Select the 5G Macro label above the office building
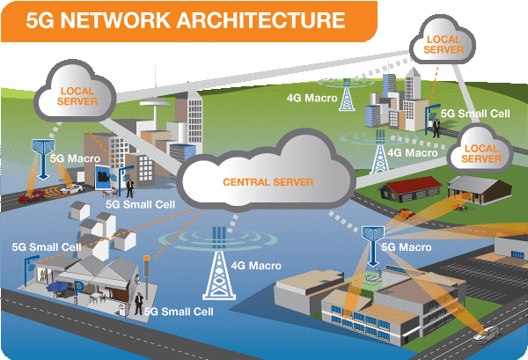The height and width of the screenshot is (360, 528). (407, 248)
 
